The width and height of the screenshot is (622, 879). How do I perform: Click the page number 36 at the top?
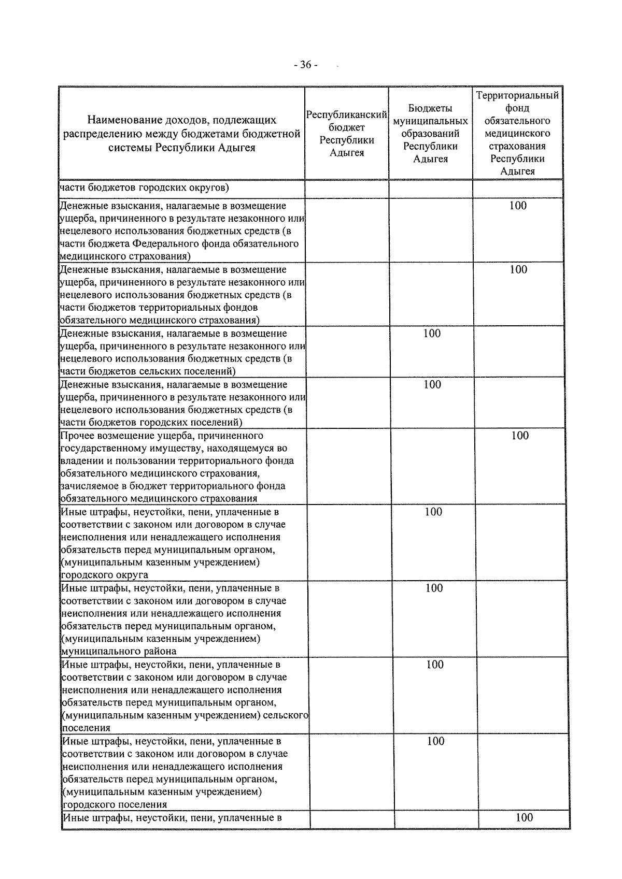(x=305, y=65)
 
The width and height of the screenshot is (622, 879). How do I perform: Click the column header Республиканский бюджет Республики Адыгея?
(x=347, y=134)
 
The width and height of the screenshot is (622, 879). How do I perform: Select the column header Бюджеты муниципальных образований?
(x=431, y=134)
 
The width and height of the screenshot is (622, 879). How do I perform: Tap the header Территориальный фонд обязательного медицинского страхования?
(x=517, y=134)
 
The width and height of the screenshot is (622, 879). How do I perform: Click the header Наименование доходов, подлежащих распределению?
(x=181, y=134)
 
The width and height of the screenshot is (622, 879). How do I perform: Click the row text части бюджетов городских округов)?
(x=145, y=188)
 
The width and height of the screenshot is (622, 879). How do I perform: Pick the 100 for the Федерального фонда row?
(x=518, y=206)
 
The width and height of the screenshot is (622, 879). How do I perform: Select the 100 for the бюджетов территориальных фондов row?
(x=518, y=269)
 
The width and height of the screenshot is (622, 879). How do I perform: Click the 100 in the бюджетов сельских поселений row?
(x=432, y=333)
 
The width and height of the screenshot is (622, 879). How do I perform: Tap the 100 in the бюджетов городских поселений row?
(x=432, y=384)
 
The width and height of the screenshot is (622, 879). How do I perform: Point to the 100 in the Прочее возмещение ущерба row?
(x=520, y=436)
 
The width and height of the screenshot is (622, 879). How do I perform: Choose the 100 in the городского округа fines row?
(x=433, y=512)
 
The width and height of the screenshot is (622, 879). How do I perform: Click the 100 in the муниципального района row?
(x=434, y=588)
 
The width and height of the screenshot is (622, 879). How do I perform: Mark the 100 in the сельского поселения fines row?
(x=435, y=665)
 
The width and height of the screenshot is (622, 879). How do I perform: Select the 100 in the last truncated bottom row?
(x=525, y=817)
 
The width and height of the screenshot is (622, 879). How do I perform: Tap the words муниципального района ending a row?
(x=119, y=651)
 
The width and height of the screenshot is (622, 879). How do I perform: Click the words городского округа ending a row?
(x=104, y=575)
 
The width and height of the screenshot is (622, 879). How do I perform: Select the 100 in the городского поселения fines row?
(x=436, y=741)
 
